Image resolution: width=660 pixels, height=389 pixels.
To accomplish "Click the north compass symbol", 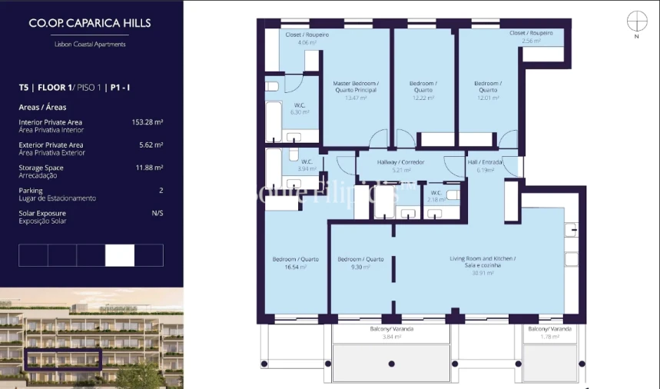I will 636,21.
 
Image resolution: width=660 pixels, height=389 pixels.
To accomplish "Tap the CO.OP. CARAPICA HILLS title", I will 90,23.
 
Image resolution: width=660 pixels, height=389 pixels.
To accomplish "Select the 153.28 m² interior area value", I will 148,122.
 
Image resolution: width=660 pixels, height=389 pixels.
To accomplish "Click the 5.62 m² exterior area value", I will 151,145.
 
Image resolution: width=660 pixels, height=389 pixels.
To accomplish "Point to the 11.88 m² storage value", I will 150,168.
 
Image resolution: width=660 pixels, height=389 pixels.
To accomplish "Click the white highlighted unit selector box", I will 120,255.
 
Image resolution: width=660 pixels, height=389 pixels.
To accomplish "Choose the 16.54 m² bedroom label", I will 295,263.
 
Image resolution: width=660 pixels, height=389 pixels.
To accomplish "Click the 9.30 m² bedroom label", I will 360,263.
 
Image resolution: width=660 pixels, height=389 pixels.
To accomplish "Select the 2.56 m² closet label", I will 531,37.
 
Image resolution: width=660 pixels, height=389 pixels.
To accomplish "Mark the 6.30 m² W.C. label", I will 300,108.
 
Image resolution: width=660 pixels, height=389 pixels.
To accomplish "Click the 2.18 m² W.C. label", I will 436,196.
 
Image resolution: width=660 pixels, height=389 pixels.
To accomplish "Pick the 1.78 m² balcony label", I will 550,332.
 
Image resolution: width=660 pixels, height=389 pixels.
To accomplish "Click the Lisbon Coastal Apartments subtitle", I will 90,45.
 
